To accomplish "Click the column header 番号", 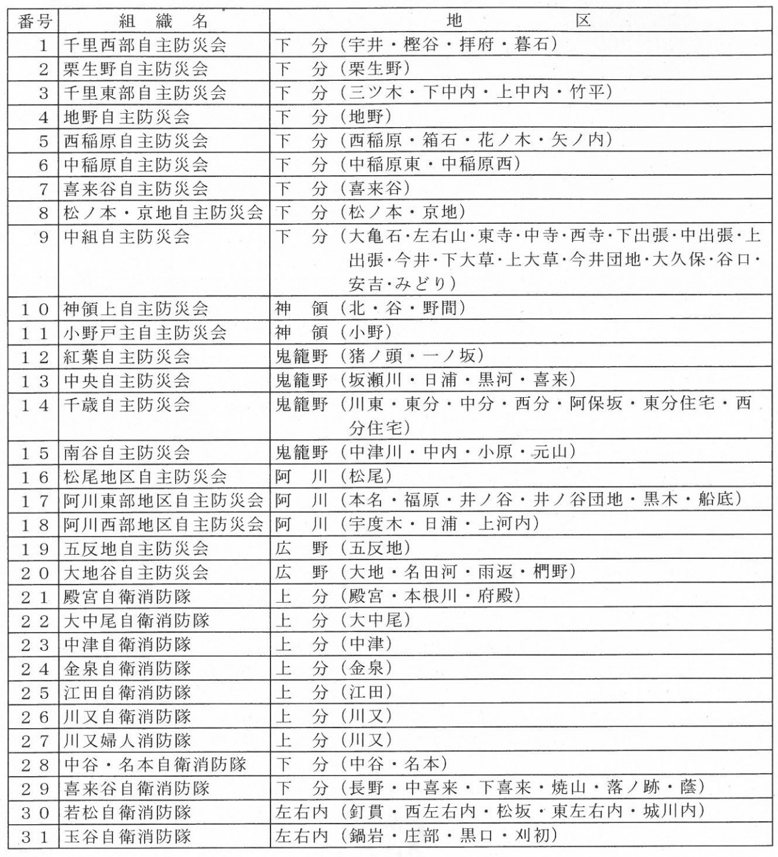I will tap(35, 22).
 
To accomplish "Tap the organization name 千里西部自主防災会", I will tap(145, 45).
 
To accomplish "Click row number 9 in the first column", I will tap(43, 237).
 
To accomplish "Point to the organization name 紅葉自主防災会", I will tap(127, 356).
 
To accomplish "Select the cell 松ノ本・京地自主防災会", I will tap(164, 212).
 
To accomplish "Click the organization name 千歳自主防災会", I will tap(127, 404).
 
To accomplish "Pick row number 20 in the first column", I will tap(35, 572).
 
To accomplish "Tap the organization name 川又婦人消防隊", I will tap(128, 740).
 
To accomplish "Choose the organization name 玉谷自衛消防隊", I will tap(128, 836).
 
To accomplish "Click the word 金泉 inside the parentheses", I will tap(367, 668).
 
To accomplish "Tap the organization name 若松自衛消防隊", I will tap(128, 812).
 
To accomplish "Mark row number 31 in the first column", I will tap(35, 836).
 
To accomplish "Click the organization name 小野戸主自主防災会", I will tap(145, 332).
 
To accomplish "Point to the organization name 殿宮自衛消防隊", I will tap(128, 596).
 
